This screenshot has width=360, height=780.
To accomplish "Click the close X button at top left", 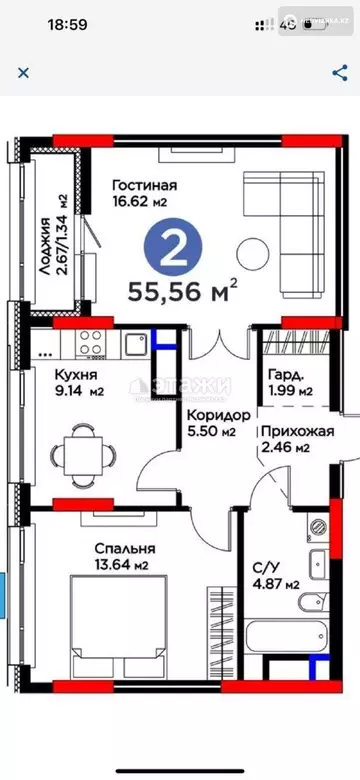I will [x=23, y=72].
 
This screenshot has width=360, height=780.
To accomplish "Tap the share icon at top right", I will [x=338, y=72].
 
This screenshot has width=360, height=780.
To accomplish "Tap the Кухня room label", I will [x=62, y=378].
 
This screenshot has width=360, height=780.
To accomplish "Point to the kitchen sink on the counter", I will [x=135, y=343].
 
